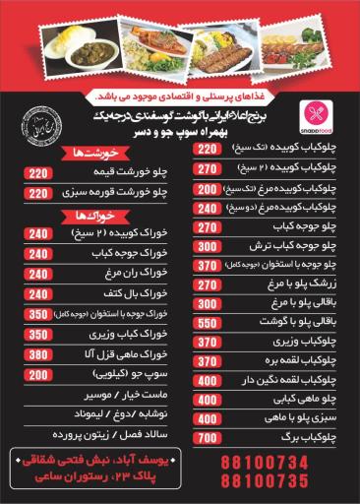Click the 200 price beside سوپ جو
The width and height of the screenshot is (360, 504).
point(37,375)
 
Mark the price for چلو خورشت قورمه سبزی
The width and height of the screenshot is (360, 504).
point(37,193)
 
